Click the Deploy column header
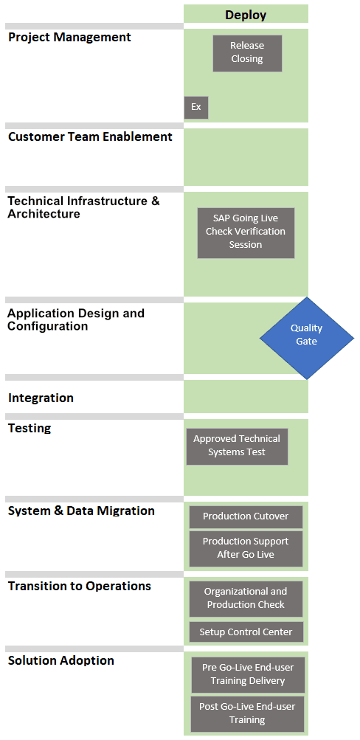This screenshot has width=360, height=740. coord(246,15)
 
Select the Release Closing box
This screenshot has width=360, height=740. coord(247,53)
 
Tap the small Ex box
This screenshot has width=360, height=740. coord(195,108)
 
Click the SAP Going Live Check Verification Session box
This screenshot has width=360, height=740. coord(246,232)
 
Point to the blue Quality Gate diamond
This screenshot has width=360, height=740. coord(307,337)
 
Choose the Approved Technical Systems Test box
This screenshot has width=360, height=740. coord(237,446)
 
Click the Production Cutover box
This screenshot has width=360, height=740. coord(246,516)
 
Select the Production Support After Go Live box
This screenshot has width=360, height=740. coord(246,548)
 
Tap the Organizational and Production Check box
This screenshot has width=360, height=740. coord(246,598)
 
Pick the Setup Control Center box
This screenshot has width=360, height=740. coord(246,632)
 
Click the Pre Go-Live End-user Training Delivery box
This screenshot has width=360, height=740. coord(248,674)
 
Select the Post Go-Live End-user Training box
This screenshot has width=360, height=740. coord(248,713)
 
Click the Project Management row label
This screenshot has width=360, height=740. coord(70,38)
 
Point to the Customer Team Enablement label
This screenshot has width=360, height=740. coord(91,137)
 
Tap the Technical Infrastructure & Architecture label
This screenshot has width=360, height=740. coord(84,207)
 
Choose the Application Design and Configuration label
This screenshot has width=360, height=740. coord(76,319)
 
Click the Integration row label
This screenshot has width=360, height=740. coord(41,398)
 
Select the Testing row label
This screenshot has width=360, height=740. coord(30,429)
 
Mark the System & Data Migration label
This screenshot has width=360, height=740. coord(82,511)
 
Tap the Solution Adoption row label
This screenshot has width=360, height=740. coord(61,660)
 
